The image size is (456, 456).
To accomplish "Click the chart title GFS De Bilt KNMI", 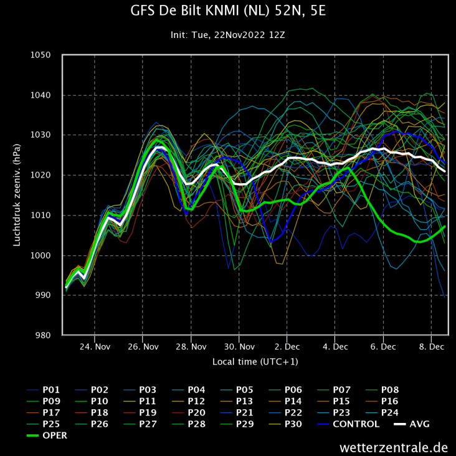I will coord(228,11).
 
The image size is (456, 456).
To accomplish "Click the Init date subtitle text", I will coord(228,36).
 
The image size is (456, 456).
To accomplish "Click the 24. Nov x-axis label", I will coord(95,346).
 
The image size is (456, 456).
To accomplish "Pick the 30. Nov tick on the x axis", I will coord(239,346).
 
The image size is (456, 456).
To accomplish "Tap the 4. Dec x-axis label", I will coord(335,346).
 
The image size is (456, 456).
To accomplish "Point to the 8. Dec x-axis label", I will coord(430,346).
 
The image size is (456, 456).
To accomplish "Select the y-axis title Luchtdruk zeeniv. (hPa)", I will coord(17,195).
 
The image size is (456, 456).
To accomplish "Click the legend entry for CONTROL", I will coord(356,424).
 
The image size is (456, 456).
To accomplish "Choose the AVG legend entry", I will coord(420,424).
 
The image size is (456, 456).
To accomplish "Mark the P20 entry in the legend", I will coord(198,413).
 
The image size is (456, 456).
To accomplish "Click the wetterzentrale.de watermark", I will coord(394,447).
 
